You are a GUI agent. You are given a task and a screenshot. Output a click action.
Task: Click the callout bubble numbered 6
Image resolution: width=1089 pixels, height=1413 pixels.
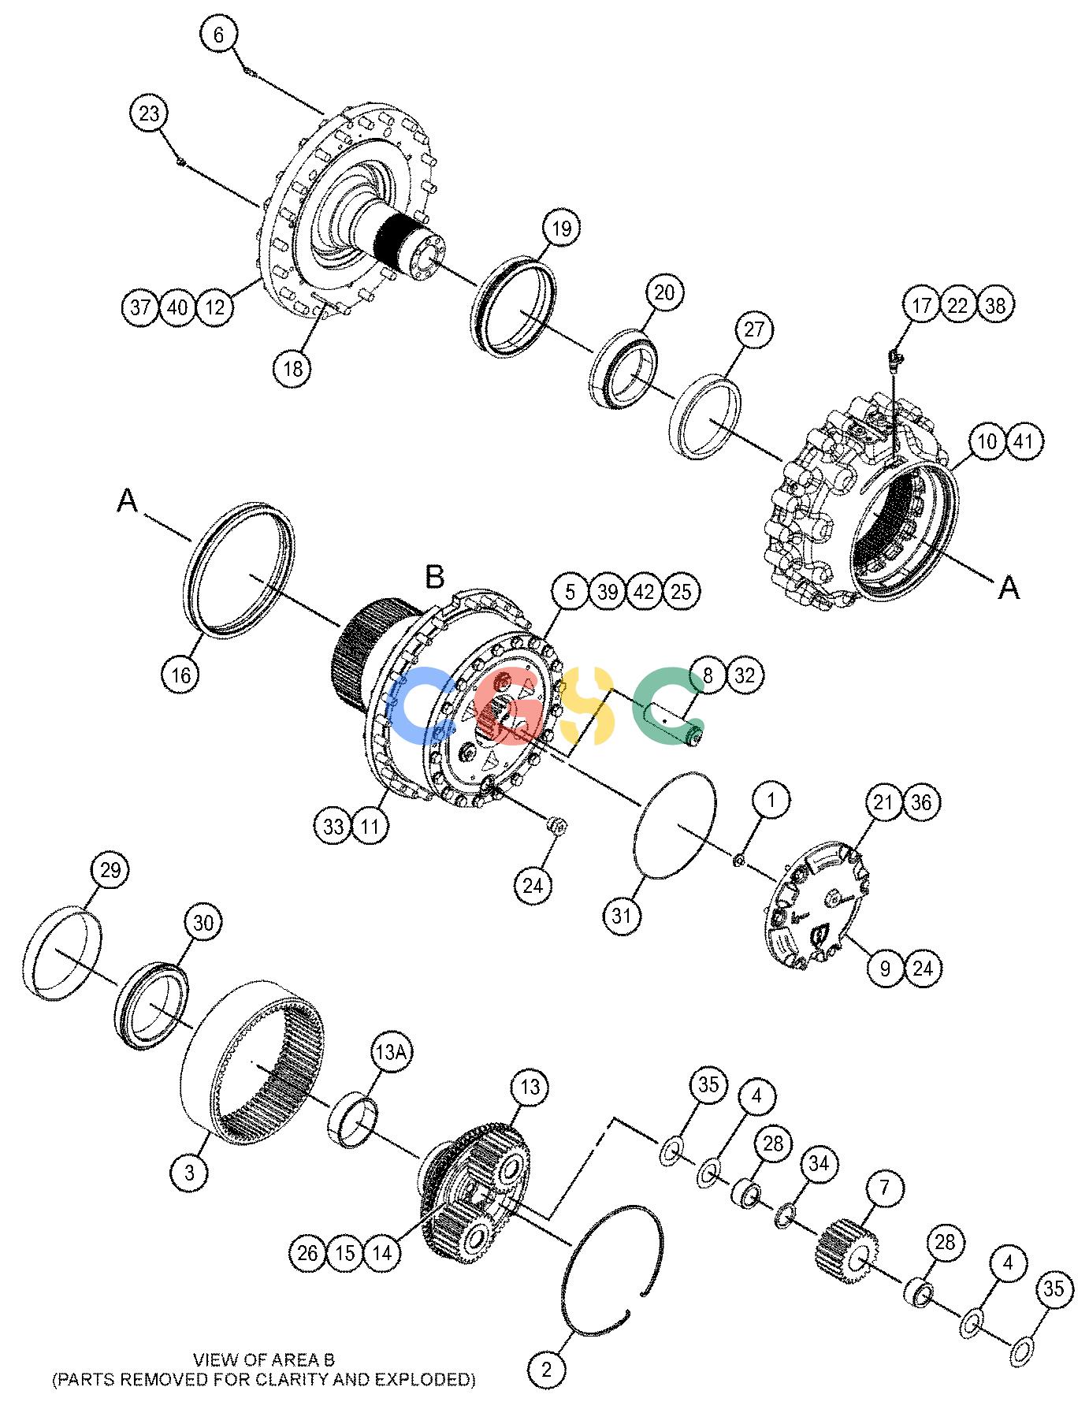218,34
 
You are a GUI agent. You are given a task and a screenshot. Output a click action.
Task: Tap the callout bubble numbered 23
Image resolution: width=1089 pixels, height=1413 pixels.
149,113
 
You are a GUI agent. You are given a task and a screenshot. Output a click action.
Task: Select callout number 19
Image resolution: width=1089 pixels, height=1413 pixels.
561,229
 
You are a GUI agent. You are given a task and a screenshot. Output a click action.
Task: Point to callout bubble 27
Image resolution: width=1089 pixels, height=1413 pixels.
754,329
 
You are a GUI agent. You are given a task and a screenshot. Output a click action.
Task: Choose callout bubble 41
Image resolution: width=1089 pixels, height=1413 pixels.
1023,441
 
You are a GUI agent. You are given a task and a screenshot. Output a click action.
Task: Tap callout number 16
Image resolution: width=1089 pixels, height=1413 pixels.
181,675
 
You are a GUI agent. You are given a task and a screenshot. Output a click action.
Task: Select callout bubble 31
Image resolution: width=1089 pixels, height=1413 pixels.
623,915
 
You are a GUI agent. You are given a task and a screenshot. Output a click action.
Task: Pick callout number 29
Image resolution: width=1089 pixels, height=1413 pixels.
110,871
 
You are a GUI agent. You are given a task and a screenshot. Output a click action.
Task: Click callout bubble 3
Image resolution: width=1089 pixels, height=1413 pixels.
190,1173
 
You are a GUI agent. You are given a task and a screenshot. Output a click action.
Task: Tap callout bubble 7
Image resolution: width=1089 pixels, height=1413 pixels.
884,1187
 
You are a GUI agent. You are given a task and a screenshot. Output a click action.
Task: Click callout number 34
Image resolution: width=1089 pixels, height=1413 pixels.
820,1164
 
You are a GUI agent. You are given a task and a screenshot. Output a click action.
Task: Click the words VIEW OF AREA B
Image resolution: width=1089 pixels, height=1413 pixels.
264,1359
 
